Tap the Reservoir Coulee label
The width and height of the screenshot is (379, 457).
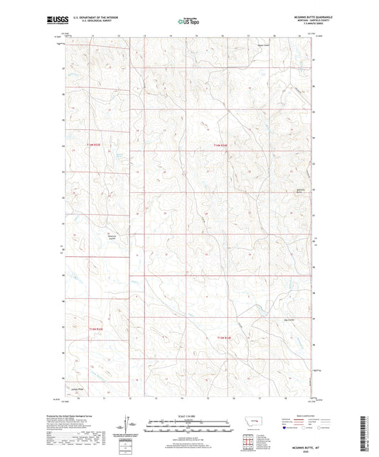111,238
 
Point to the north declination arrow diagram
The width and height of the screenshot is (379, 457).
129,424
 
